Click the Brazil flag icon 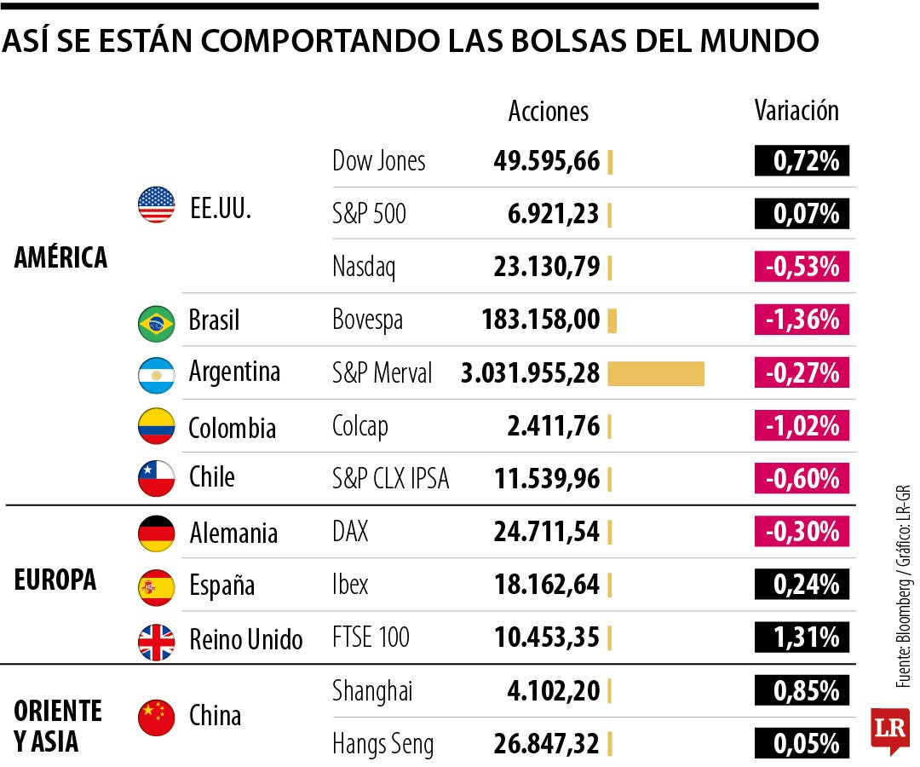(156, 322)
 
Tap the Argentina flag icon (156, 374)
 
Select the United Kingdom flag (156, 641)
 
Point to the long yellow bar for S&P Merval (656, 373)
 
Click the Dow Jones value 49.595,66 (546, 161)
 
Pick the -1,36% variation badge (802, 320)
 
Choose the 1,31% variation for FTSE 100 (802, 637)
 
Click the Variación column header (796, 111)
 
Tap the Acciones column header (548, 111)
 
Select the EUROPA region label (55, 580)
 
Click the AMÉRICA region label (60, 257)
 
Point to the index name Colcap (359, 426)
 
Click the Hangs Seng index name (382, 745)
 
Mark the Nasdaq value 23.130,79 (546, 268)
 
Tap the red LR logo (889, 730)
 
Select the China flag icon (156, 717)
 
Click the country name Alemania (233, 533)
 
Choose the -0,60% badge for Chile (802, 479)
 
